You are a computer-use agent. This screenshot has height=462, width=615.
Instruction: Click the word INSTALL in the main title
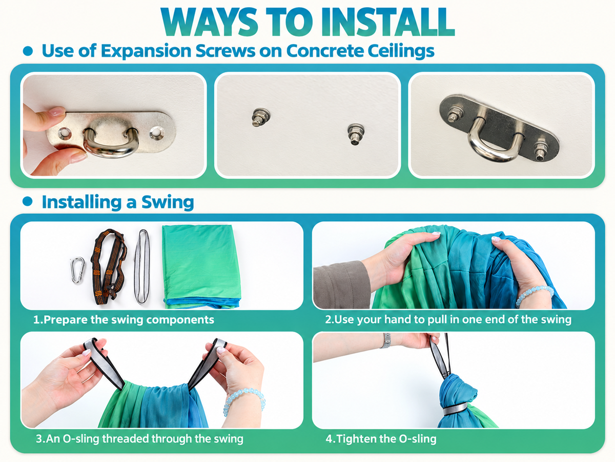point(387,22)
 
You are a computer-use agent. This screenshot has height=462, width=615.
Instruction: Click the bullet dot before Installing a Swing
point(28,202)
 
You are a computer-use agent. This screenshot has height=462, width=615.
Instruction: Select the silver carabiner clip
point(77,270)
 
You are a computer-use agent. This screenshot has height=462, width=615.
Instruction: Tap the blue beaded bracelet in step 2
point(535,295)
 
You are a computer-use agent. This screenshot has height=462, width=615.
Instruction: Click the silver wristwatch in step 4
point(386,341)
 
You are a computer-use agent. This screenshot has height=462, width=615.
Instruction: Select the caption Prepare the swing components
point(124,320)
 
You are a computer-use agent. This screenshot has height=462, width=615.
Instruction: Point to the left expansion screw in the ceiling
point(260,117)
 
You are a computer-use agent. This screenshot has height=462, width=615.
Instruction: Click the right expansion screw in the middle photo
point(356,134)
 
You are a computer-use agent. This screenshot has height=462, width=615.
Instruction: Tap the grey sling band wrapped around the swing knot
point(455,409)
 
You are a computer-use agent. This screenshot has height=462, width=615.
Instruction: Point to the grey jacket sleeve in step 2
point(342,285)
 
